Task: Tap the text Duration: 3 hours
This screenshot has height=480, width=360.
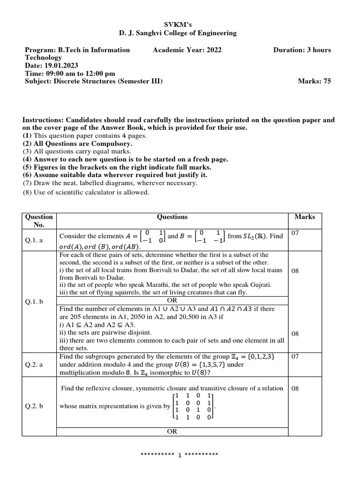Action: (302, 50)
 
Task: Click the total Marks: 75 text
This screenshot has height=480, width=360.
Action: (314, 81)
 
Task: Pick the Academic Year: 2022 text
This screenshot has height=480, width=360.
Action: (187, 50)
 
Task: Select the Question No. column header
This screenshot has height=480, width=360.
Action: (39, 221)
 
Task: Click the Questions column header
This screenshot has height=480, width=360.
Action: (172, 217)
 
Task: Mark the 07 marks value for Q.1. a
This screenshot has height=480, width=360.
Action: (295, 233)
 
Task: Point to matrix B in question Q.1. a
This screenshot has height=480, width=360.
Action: (210, 236)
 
